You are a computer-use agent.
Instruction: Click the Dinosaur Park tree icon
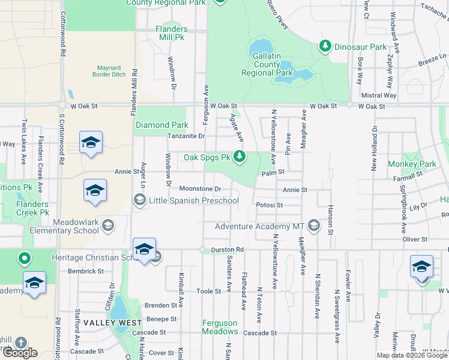click(325, 46)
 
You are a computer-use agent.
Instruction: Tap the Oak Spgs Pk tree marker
click(240, 158)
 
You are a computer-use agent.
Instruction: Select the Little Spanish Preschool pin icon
click(140, 201)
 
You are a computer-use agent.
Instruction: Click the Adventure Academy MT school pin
click(313, 226)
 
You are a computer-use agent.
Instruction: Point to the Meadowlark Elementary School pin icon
click(107, 226)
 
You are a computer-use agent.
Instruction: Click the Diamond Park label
click(161, 125)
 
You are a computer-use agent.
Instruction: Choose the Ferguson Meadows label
click(220, 327)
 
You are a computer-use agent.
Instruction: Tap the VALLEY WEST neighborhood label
click(104, 323)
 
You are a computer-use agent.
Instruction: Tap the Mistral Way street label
click(379, 95)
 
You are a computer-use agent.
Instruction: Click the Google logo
click(20, 353)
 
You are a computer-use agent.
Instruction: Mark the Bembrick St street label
click(86, 271)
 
